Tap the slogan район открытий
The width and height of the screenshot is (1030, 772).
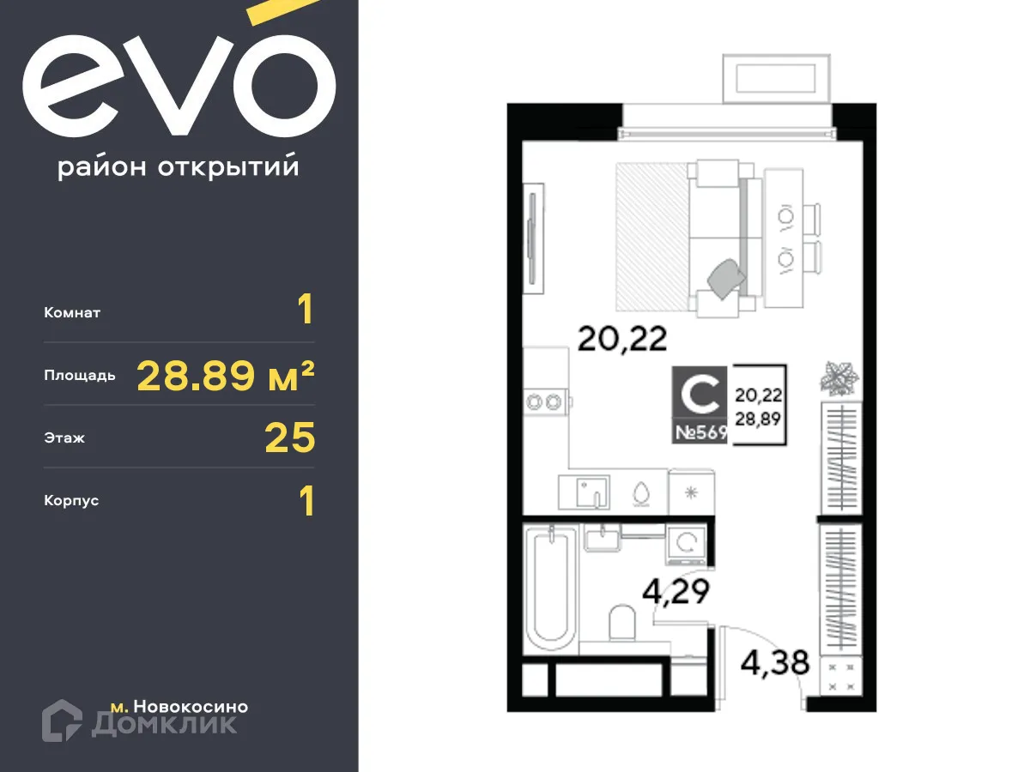tap(179, 167)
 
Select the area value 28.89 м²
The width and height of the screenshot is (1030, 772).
tap(226, 375)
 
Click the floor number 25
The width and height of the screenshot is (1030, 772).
tap(290, 438)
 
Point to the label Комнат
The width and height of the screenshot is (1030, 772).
tap(72, 313)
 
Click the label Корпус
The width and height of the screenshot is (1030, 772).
tap(71, 501)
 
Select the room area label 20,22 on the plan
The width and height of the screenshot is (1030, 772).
tap(621, 340)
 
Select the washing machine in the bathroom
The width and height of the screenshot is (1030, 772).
tap(687, 542)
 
